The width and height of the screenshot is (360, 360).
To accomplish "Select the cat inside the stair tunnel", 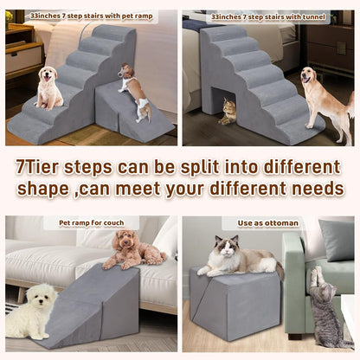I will click(228, 110).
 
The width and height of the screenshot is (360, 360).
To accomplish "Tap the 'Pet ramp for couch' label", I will click(92, 223).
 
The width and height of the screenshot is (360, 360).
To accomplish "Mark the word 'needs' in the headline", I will click(316, 188).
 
